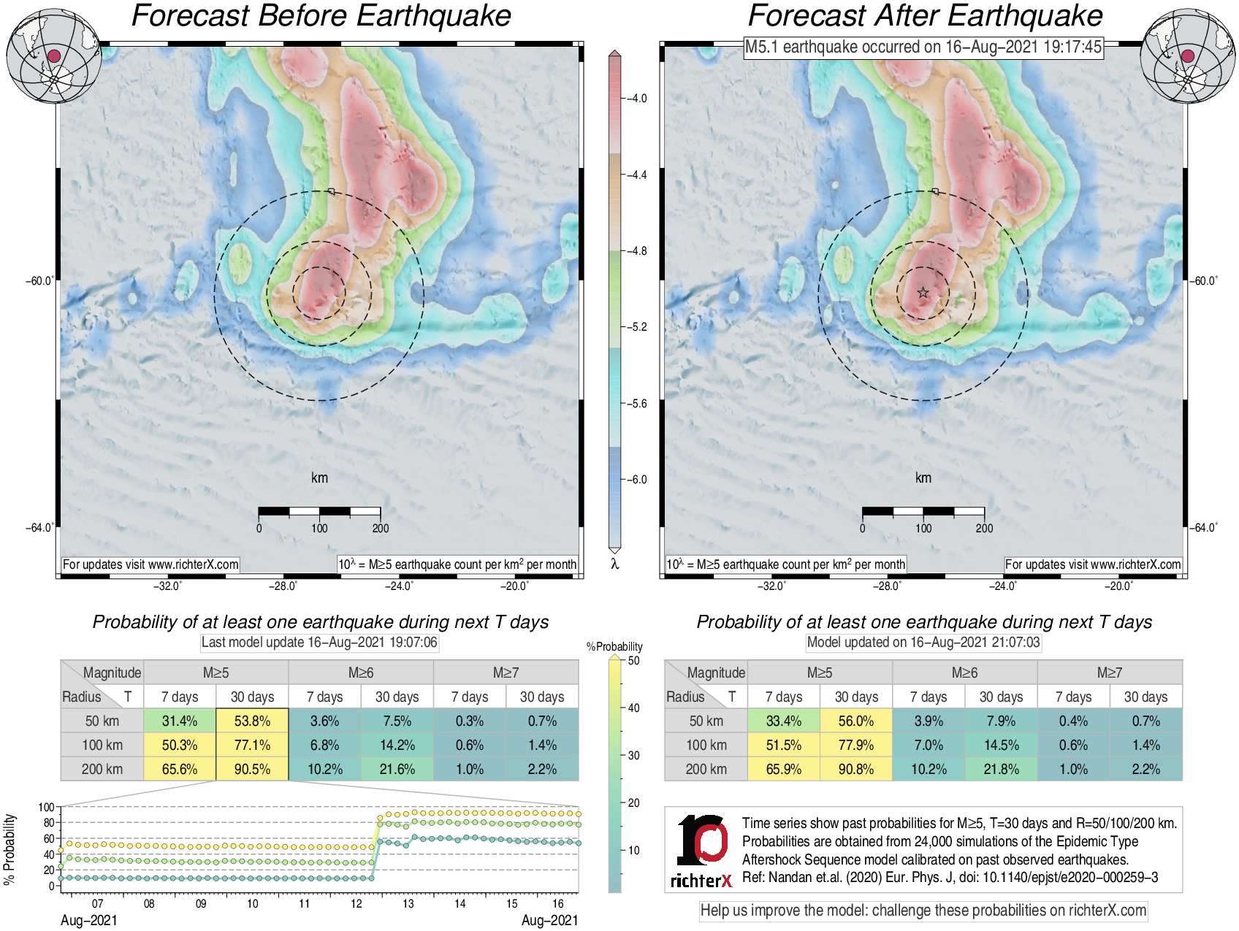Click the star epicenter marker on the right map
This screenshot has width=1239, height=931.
coord(923,293)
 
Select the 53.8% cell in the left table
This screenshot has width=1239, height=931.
coord(252,721)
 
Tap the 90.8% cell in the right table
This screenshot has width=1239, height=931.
coord(855,769)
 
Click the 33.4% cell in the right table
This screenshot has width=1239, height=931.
coord(783,721)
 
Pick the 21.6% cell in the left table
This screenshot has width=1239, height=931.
coord(397,769)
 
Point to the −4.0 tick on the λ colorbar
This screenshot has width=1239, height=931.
coord(636,99)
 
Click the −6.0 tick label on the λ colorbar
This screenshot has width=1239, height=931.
coord(638,480)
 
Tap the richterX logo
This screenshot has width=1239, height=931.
coord(702,851)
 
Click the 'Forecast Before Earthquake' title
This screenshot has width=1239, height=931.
coord(321,16)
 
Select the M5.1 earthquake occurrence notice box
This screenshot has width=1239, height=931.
coord(923,47)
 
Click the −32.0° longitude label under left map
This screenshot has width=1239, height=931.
coord(167,586)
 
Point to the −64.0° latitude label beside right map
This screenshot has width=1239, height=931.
coord(1204,527)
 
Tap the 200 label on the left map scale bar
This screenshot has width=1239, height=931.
coord(381,528)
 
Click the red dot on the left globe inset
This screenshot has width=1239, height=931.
coord(53,56)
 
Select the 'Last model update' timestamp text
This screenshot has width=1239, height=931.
coord(319,643)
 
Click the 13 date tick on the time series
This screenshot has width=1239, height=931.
coord(408,904)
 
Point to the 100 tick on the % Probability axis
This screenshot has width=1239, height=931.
coord(47,807)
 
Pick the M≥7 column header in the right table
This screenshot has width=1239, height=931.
coord(1109,673)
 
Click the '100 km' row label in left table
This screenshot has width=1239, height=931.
coord(102,745)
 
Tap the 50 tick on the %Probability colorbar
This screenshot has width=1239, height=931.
coord(633,661)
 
